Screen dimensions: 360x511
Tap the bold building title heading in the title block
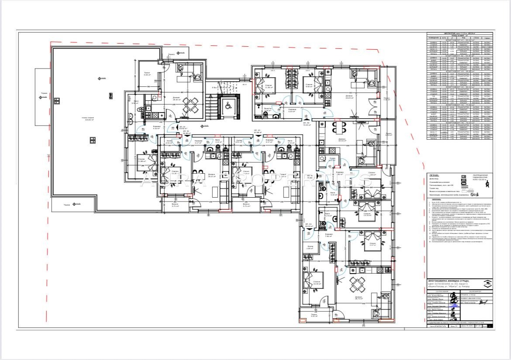(448, 281)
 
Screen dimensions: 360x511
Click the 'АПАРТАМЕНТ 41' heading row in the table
(459, 40)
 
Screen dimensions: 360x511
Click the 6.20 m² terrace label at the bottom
(314, 315)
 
